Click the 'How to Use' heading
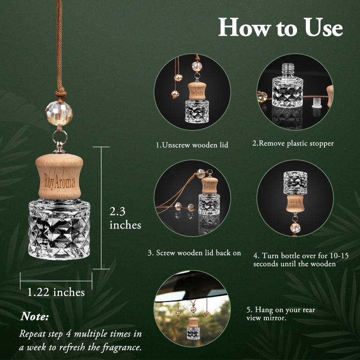pos(280,27)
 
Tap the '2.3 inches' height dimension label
pos(125,218)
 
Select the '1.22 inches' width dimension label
pos(56,292)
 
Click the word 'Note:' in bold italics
pos(35,316)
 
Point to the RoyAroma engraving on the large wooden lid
pos(59,181)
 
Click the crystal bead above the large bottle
pos(59,113)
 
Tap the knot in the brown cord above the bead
pos(61,94)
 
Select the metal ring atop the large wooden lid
pos(60,138)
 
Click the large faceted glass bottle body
pos(59,229)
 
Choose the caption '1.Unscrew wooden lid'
pos(192,145)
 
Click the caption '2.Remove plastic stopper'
pos(293,144)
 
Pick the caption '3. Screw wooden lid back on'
pos(194,253)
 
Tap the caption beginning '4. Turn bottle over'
pos(301,260)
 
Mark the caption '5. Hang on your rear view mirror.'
pos(280,314)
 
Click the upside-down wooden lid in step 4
pos(295,203)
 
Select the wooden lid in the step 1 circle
pos(197,91)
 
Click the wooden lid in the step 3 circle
pos(210,185)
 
